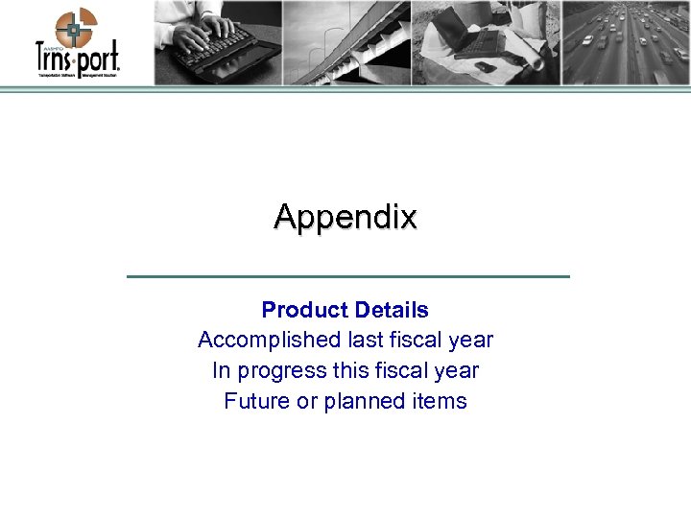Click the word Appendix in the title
click(345, 218)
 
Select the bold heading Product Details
click(345, 310)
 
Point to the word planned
click(361, 401)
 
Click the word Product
click(304, 310)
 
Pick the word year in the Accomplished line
click(470, 340)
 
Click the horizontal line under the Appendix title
click(347, 276)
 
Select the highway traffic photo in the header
click(625, 42)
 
